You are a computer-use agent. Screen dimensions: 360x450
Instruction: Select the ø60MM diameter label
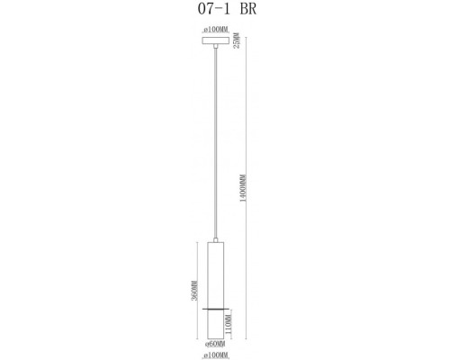point(215,344)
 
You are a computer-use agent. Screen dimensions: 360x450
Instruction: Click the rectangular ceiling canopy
point(216,40)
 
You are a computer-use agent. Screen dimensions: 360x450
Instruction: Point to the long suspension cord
point(216,144)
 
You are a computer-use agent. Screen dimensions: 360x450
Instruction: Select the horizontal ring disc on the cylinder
point(216,308)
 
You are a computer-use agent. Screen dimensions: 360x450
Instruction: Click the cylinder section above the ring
point(216,274)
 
